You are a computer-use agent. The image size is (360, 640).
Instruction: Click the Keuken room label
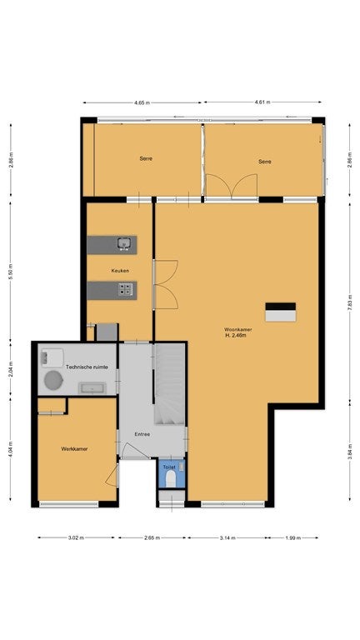(x=120, y=270)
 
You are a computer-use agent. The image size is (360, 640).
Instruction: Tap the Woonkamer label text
(x=238, y=329)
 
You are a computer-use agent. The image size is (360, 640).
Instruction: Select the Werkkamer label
(x=74, y=449)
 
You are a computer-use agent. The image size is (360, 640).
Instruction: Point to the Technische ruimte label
(x=87, y=367)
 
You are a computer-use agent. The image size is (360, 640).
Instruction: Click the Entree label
(x=142, y=434)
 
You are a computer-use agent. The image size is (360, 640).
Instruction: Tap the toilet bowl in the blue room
(x=171, y=479)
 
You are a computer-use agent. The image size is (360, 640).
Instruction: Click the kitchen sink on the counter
(x=124, y=243)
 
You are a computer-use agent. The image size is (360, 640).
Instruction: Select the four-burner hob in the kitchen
(x=125, y=290)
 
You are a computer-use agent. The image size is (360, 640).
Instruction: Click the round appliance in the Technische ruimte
(x=54, y=380)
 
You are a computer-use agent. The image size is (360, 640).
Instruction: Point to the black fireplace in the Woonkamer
(x=280, y=307)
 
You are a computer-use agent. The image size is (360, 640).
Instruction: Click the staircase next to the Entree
(x=170, y=384)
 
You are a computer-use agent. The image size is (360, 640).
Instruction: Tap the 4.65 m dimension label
(x=142, y=102)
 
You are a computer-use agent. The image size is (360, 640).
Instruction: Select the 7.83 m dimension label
(x=350, y=302)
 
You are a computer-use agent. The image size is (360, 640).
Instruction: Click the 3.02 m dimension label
(x=77, y=537)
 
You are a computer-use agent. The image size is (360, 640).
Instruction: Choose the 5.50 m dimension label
(x=11, y=272)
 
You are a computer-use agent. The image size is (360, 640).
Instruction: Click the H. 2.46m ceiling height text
(x=237, y=336)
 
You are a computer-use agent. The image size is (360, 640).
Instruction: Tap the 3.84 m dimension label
(x=350, y=452)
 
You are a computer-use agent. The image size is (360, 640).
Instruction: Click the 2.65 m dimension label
(x=152, y=537)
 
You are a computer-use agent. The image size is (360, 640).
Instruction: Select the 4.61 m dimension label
(x=262, y=102)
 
